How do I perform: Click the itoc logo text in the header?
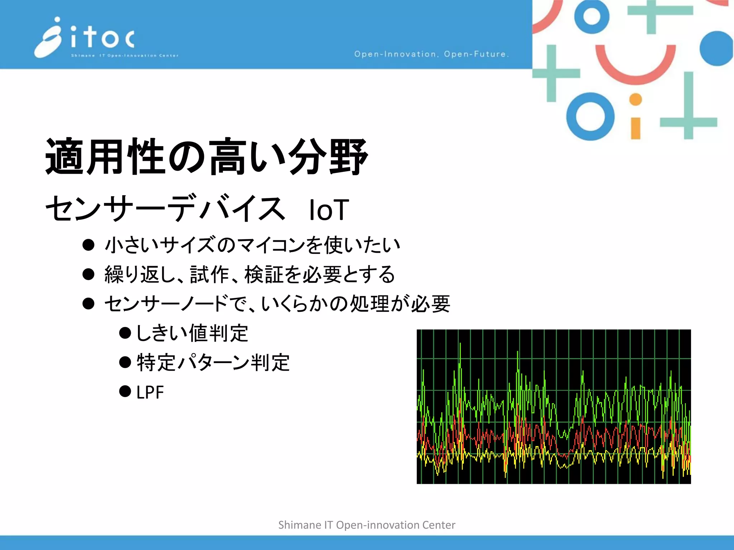pos(103,38)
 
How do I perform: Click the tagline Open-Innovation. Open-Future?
pos(431,54)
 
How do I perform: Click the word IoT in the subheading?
pos(329,210)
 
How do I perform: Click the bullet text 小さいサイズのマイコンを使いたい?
pos(252,245)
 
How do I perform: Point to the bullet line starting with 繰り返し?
pos(249,275)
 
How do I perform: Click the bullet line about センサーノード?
pos(277,304)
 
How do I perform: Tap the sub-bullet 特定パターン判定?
pos(213,363)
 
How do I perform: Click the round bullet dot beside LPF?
pos(125,391)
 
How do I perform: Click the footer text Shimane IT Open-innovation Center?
pos(367,525)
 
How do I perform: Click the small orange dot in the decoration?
pos(635,100)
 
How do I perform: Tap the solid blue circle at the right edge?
pos(716,48)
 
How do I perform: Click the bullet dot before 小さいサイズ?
pos(88,245)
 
